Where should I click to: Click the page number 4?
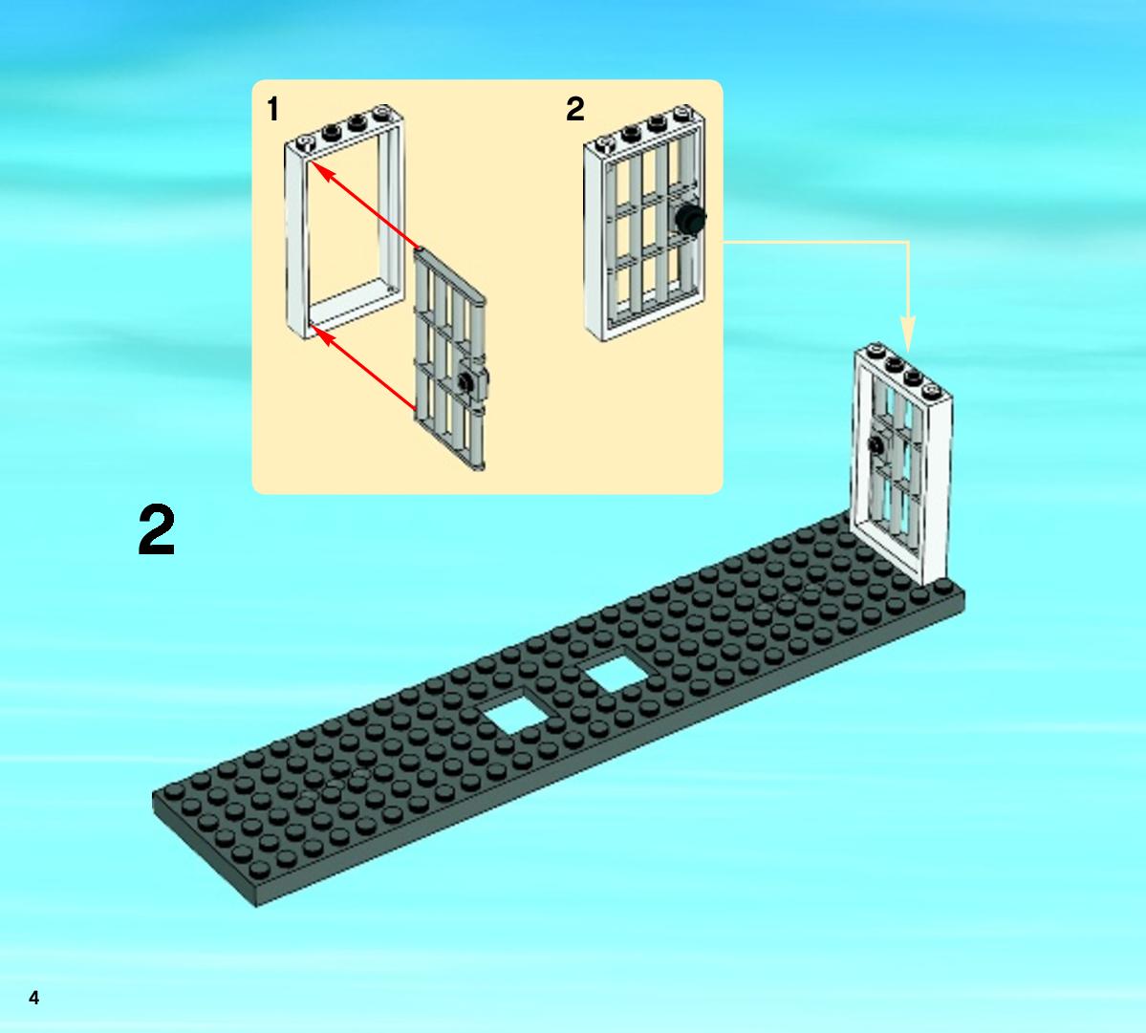(x=33, y=998)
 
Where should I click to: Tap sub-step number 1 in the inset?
(x=272, y=110)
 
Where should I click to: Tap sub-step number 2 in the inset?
(x=575, y=110)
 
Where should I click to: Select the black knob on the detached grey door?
(x=465, y=380)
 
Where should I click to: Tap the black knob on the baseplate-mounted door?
(x=875, y=443)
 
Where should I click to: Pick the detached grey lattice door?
(x=450, y=359)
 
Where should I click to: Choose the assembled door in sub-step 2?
(x=644, y=224)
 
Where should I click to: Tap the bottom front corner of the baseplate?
(x=257, y=907)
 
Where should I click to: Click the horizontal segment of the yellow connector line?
(x=815, y=242)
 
